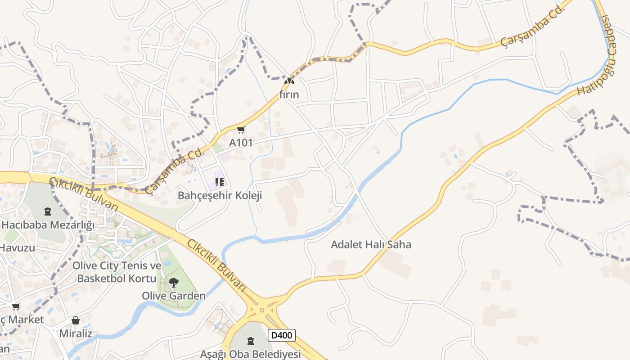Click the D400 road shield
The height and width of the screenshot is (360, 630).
coord(282,335)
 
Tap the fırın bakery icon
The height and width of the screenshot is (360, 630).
coord(289,81)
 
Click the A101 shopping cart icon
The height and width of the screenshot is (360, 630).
coord(241,130)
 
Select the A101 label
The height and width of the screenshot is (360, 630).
coord(241,143)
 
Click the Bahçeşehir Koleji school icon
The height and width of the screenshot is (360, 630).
coord(220,182)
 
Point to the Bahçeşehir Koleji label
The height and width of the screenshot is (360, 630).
coord(220,196)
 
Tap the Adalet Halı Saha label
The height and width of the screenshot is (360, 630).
coord(371,245)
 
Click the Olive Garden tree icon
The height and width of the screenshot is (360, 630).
coord(173,283)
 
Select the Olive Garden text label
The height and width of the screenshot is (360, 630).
coord(173,296)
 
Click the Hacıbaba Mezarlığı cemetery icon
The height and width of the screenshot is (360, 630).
coord(48,211)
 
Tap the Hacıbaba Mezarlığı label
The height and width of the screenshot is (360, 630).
coord(48,225)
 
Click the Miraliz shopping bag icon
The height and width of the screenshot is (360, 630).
coord(76,320)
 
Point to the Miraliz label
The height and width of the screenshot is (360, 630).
coord(76,333)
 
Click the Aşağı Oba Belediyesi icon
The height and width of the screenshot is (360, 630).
coord(251,341)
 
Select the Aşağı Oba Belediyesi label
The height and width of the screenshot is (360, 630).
coord(250,354)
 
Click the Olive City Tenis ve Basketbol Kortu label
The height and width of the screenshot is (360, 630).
coord(117,272)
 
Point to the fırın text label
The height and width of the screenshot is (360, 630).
coord(289,95)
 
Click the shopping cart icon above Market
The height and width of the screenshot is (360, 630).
coord(16,306)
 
